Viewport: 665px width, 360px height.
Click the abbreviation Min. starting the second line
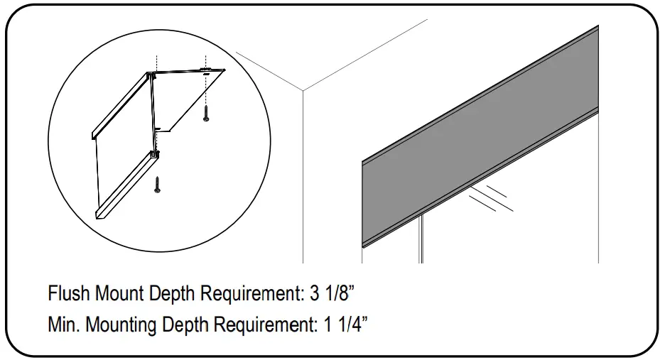(63, 325)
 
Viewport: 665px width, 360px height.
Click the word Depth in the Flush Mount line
(172, 293)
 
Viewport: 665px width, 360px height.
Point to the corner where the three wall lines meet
(303, 91)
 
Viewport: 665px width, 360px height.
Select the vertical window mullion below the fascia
(421, 238)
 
